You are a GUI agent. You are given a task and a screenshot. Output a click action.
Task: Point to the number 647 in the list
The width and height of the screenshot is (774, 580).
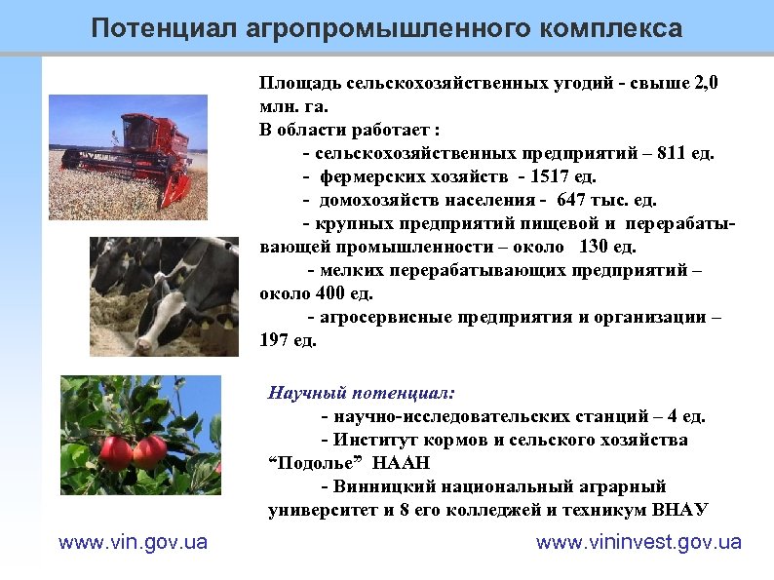573,200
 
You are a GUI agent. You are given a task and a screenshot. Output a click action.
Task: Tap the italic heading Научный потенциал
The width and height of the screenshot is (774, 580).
361,394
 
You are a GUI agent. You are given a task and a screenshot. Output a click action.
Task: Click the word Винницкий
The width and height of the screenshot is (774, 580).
379,486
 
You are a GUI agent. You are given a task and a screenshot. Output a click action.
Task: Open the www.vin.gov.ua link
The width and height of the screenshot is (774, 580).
134,542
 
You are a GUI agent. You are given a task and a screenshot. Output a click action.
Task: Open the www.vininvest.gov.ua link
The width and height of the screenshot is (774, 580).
639,542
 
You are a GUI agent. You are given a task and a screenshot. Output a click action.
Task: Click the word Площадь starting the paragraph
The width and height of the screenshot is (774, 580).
288,84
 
